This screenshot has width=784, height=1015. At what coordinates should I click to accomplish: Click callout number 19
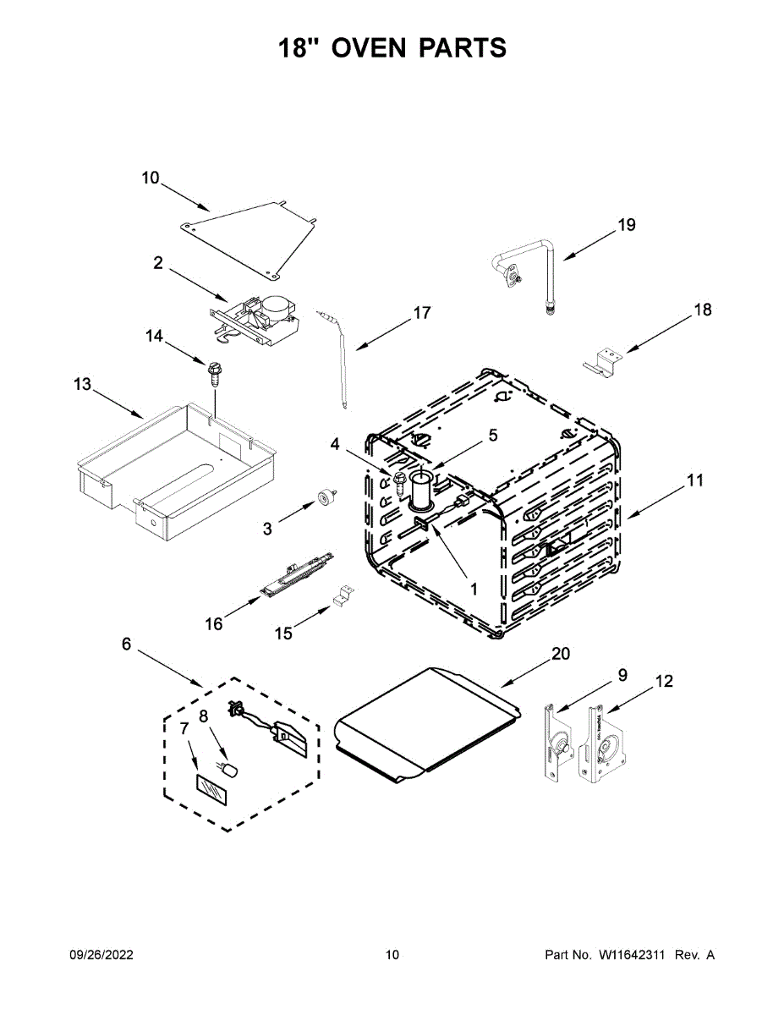pos(626,225)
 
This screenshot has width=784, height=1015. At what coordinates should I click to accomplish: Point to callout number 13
pos(82,385)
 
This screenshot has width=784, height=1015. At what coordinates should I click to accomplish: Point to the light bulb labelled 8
pos(228,769)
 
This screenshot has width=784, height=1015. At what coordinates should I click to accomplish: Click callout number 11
pos(694,480)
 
